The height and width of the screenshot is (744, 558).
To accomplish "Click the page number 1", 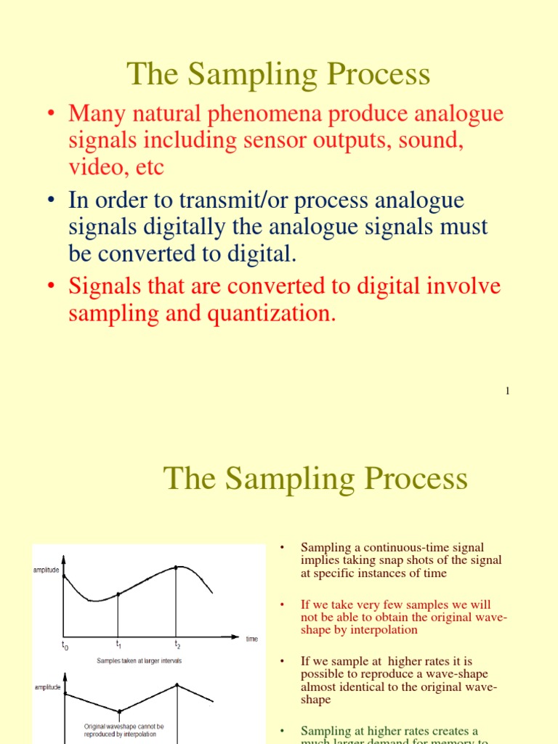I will coord(508,392).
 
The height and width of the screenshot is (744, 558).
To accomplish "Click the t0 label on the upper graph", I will coord(65,645).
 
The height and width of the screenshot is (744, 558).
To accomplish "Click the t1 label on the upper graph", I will coord(118,644).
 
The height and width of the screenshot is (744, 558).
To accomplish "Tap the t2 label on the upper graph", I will coord(177,644).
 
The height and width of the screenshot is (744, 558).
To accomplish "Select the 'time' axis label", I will coord(251,639).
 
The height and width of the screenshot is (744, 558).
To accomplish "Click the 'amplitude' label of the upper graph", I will coord(46,570).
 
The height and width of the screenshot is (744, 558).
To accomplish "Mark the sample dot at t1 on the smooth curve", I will coord(118,594).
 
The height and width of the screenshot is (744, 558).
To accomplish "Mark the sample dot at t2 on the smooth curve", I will coord(177,567).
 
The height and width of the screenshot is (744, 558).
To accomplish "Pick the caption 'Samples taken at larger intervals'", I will coord(139,660).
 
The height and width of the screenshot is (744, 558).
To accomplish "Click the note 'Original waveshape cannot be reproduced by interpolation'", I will coord(124,729).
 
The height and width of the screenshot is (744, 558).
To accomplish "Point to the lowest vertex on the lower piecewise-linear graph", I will coord(119,711).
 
